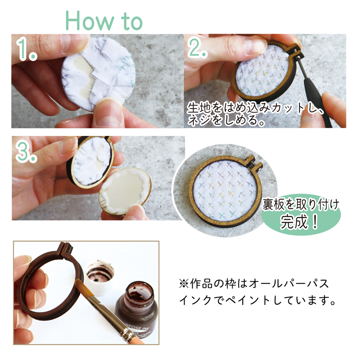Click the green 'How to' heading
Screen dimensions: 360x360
[104, 20]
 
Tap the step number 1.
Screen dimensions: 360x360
[27, 51]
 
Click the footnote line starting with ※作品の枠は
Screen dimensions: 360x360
[254, 284]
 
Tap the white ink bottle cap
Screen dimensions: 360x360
[100, 278]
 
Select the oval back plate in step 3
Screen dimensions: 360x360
[125, 192]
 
